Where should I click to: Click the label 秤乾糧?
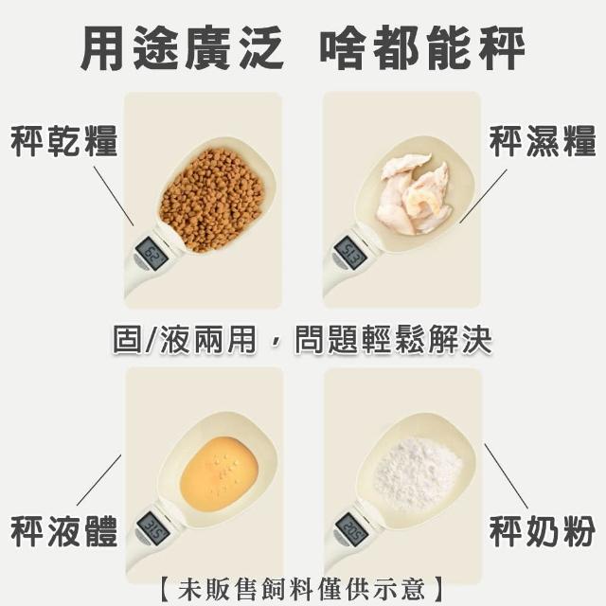click(x=63, y=140)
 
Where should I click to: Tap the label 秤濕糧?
click(x=543, y=140)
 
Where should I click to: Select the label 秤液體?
click(x=63, y=531)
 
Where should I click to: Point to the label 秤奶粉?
click(x=543, y=531)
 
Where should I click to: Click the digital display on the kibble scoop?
click(x=151, y=254)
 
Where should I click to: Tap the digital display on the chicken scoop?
click(x=350, y=254)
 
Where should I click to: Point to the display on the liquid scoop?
click(x=153, y=528)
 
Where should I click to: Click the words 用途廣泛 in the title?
click(x=183, y=48)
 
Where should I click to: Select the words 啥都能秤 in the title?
click(x=422, y=48)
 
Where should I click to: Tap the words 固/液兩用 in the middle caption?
click(x=185, y=340)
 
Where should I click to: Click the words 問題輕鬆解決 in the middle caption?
click(x=393, y=340)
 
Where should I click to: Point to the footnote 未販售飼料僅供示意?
click(x=302, y=589)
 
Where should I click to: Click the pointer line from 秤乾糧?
click(x=114, y=196)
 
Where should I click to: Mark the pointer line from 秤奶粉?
click(x=507, y=476)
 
